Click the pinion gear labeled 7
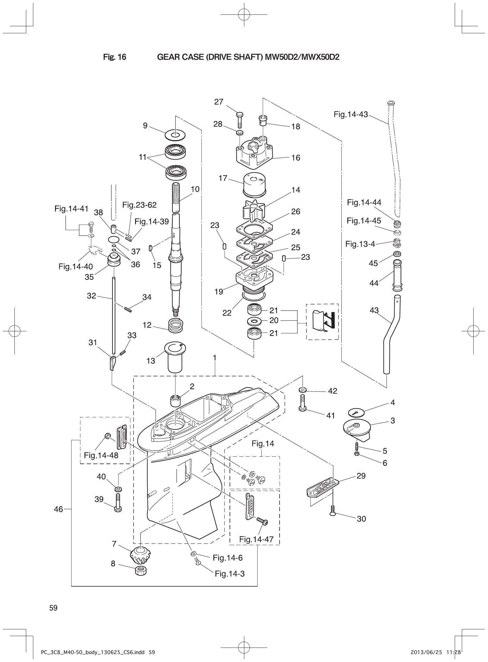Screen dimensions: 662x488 point(138,556)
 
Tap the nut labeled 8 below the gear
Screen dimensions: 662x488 point(141,570)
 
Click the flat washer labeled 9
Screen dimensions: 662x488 point(175,135)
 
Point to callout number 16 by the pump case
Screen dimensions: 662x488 point(296,158)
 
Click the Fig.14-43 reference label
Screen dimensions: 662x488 point(351,114)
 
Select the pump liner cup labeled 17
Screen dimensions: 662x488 point(253,185)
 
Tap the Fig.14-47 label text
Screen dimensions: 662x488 point(256,539)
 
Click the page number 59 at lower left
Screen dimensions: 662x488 point(54,608)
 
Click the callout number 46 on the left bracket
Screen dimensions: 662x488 point(59,509)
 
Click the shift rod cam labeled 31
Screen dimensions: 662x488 point(112,363)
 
